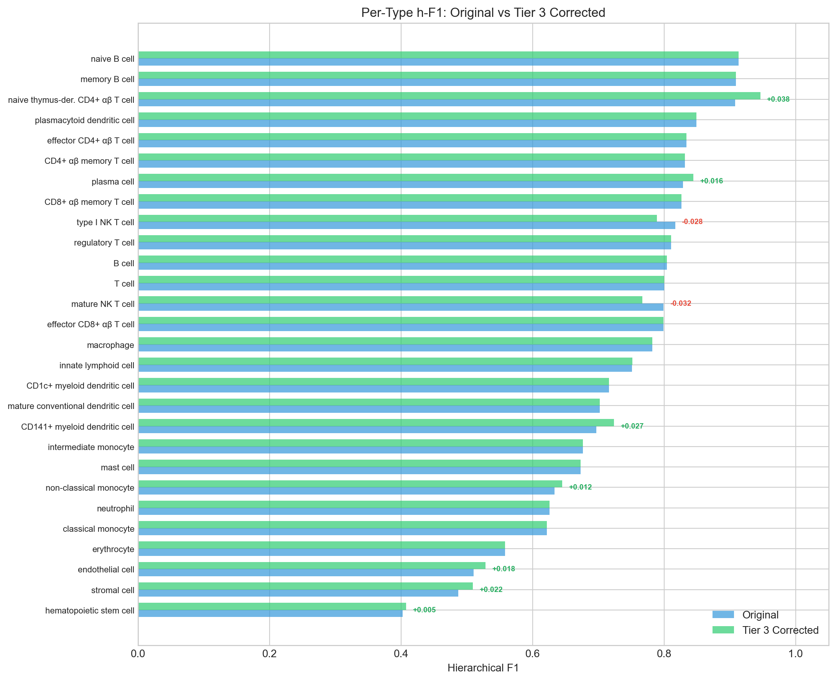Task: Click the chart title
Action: coord(483,13)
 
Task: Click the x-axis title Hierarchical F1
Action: coord(483,668)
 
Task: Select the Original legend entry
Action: coord(760,615)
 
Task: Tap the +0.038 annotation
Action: coord(778,99)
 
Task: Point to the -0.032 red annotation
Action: coord(680,303)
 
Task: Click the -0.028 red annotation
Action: coord(692,222)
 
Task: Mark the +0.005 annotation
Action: coord(424,610)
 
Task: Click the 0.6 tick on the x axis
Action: coord(532,653)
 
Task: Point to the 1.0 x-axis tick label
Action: coord(795,653)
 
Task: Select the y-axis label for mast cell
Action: coord(117,468)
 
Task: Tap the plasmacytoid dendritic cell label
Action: coord(84,120)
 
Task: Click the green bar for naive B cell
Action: coord(438,55)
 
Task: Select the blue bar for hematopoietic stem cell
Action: coord(270,613)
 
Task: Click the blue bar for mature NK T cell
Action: coord(400,307)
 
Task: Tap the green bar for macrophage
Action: coord(395,341)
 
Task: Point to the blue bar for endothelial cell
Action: coord(306,573)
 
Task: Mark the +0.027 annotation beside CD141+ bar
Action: coord(632,426)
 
